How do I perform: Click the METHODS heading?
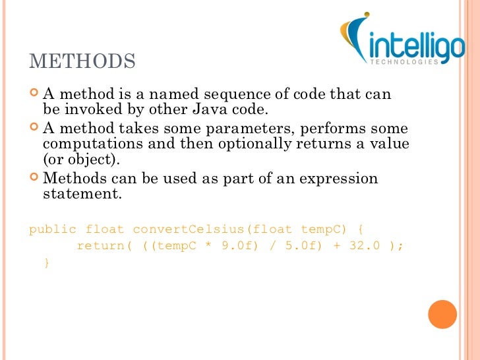click(x=82, y=61)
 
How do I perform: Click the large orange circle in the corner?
click(x=442, y=315)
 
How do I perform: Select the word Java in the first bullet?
click(x=239, y=109)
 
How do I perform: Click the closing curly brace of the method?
click(x=46, y=262)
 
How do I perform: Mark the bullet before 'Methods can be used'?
click(x=34, y=177)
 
